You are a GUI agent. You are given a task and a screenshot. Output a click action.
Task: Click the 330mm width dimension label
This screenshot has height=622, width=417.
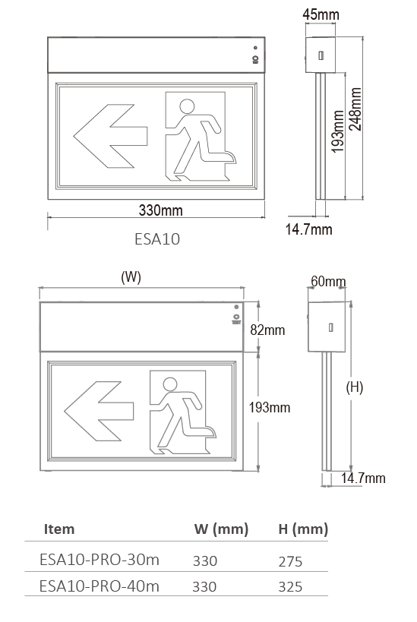(x=161, y=210)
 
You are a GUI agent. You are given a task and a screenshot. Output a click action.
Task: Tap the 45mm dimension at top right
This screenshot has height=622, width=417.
(x=321, y=14)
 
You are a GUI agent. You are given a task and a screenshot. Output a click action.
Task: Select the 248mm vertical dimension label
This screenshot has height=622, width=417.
(x=355, y=109)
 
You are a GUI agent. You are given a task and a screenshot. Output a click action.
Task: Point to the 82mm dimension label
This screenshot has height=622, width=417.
(x=267, y=330)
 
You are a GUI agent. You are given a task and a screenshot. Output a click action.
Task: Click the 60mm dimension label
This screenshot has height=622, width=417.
(x=328, y=281)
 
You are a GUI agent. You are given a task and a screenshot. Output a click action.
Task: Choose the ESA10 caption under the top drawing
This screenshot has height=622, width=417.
(x=157, y=238)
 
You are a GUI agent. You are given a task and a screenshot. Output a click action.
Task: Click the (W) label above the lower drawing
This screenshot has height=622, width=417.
(x=131, y=276)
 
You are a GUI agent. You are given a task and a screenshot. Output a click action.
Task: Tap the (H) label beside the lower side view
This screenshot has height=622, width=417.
(x=354, y=387)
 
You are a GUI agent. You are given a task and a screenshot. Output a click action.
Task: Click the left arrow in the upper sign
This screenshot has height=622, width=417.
(x=110, y=136)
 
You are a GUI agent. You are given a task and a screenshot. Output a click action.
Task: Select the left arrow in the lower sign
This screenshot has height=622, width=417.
(x=99, y=411)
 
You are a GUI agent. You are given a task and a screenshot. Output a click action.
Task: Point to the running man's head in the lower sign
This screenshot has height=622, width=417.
(x=170, y=384)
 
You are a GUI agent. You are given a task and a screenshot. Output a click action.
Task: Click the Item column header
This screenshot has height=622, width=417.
(x=59, y=529)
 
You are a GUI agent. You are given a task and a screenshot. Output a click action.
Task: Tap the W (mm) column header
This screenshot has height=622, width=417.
(x=221, y=529)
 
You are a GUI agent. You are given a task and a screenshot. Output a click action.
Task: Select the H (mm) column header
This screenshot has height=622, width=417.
(x=303, y=529)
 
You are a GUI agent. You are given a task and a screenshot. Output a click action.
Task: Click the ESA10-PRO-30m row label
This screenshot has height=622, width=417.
(x=100, y=560)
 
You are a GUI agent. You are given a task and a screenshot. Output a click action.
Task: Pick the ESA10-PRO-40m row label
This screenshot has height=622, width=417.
(x=100, y=586)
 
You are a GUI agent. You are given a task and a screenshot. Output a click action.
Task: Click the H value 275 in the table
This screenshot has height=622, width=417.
(x=290, y=561)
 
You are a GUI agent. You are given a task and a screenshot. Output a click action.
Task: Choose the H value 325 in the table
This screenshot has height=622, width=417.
(x=290, y=586)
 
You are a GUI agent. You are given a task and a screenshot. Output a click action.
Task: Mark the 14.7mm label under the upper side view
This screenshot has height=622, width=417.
(x=308, y=229)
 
